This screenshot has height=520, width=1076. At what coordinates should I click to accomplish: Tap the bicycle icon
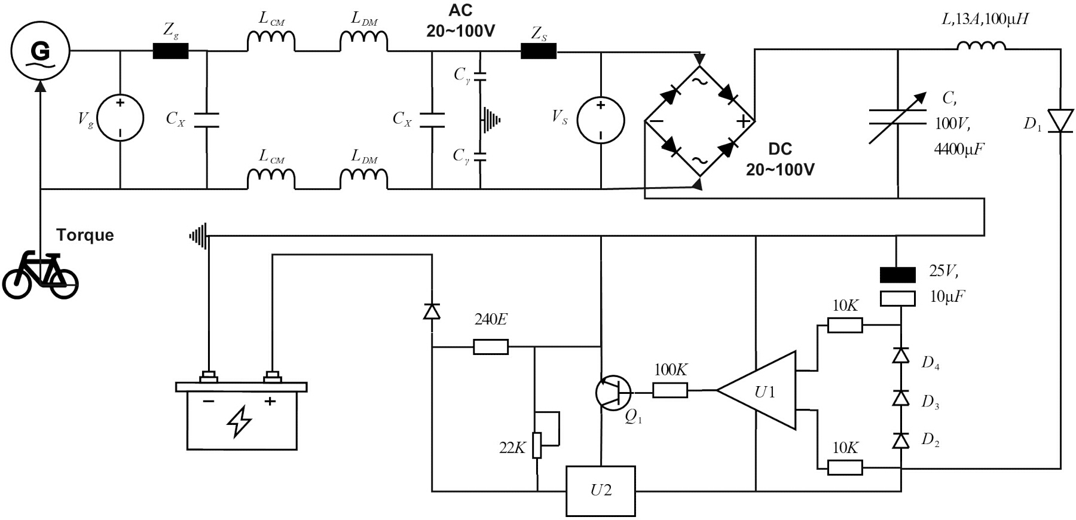tap(41, 276)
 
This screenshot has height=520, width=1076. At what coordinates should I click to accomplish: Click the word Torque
tap(85, 235)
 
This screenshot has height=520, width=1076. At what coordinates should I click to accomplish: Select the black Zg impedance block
tap(170, 51)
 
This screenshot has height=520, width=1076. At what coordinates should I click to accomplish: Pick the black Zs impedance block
tap(539, 51)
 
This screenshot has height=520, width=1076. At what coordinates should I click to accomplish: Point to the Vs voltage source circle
tap(601, 120)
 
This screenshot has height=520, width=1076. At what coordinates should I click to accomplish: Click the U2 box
tap(601, 491)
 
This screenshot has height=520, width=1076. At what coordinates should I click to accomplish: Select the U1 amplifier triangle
tap(757, 390)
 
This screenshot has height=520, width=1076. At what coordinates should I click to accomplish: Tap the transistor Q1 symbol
tap(613, 393)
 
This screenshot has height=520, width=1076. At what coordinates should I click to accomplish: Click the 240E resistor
tap(491, 347)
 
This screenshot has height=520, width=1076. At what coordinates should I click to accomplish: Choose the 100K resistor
tap(670, 391)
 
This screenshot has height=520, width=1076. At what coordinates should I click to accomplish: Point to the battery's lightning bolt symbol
tap(240, 421)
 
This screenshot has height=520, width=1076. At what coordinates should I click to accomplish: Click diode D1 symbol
tap(1061, 121)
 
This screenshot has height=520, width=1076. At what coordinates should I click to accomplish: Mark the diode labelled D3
tap(901, 398)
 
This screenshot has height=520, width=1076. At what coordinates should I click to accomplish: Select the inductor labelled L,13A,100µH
tap(982, 45)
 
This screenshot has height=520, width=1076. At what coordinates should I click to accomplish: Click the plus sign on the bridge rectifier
tap(743, 122)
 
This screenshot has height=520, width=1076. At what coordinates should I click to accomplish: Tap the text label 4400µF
tap(959, 149)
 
